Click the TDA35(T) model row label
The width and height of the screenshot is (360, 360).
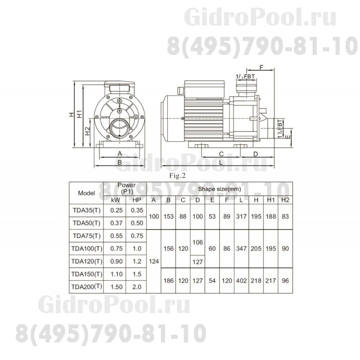coord(86,209)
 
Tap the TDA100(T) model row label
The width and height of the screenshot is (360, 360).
coord(86,248)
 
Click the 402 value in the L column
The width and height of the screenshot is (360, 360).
coord(242,280)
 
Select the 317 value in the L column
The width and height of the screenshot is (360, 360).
coord(242,216)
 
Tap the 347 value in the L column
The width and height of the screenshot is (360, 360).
coord(242,248)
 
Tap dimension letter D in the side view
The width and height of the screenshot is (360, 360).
coord(255,154)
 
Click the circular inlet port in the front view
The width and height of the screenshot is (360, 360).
coord(120,127)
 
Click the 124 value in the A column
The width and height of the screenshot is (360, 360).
coord(154,261)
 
